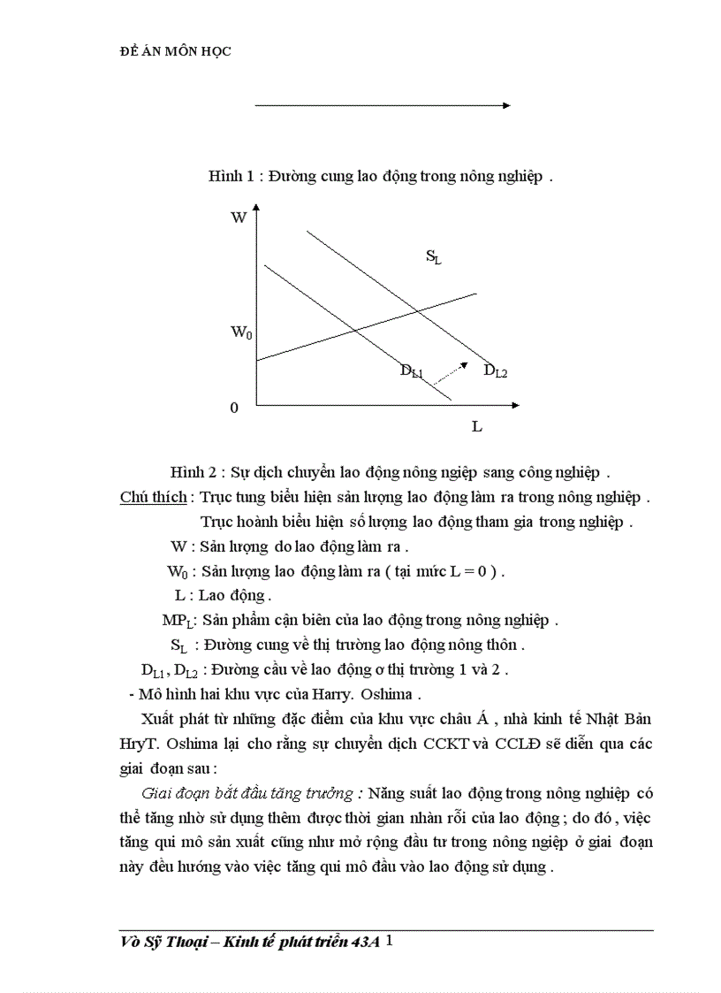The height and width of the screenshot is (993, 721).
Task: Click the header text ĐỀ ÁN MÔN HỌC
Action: click(x=175, y=51)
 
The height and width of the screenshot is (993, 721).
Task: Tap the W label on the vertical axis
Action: click(x=239, y=218)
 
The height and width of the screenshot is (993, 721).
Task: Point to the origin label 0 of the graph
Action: click(x=234, y=408)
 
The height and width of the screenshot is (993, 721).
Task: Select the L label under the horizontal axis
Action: click(x=476, y=426)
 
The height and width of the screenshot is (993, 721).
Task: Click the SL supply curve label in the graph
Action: click(x=433, y=257)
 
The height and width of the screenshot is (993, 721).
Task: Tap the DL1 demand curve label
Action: click(x=412, y=371)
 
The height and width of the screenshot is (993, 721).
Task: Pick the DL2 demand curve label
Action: click(x=495, y=371)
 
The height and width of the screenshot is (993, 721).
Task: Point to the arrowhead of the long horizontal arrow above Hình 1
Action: click(x=506, y=105)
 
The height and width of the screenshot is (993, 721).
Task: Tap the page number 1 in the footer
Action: click(x=389, y=942)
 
